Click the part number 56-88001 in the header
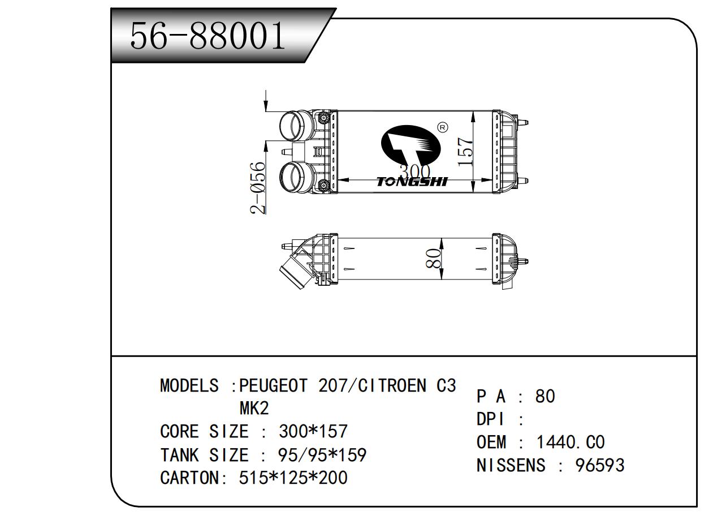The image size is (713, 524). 208,36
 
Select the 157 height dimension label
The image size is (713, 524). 465,151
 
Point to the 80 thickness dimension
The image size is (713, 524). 434,259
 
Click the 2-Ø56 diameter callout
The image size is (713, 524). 258,188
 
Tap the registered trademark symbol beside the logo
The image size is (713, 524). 443,127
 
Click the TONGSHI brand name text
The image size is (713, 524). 412,182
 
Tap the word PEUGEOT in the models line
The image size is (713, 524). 274,386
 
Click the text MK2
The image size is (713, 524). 254,408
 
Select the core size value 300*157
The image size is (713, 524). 313,432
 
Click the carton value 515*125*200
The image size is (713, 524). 293,478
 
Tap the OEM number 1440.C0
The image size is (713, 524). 571,442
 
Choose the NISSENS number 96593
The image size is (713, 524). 600,465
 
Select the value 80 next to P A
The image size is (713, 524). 545,396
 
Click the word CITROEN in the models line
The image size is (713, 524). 395,386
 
